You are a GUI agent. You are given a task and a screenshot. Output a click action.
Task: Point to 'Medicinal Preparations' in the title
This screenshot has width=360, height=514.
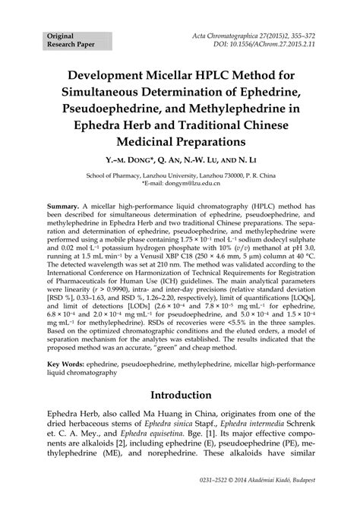pos(180,142)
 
